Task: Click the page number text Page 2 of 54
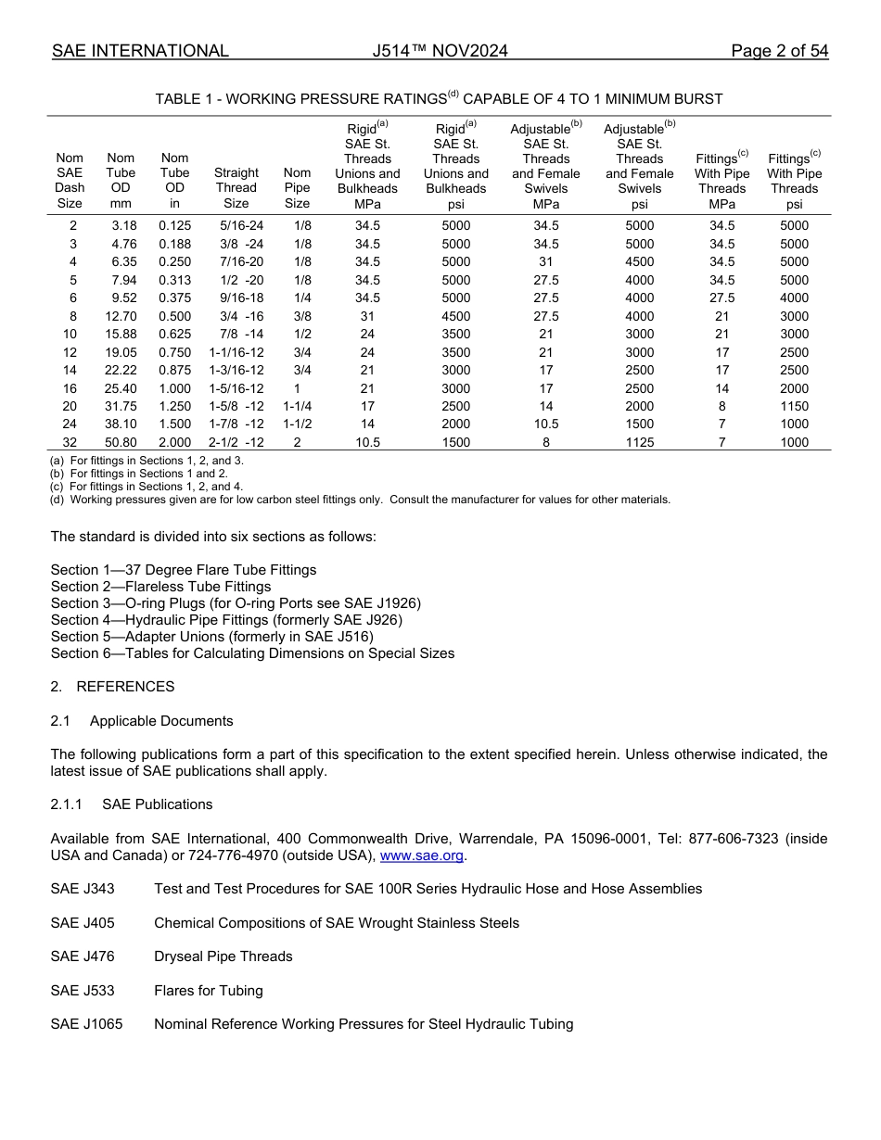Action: click(779, 51)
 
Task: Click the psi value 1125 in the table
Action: click(639, 442)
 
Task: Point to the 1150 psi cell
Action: click(794, 406)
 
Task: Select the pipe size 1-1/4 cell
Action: click(297, 406)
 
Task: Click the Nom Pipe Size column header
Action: click(297, 188)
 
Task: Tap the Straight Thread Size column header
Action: click(236, 188)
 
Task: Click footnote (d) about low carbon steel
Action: click(360, 500)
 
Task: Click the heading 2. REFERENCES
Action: click(112, 687)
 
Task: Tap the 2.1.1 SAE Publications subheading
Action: click(132, 804)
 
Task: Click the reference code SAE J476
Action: click(83, 956)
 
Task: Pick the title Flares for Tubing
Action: click(209, 991)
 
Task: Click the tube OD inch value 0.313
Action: click(174, 280)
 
